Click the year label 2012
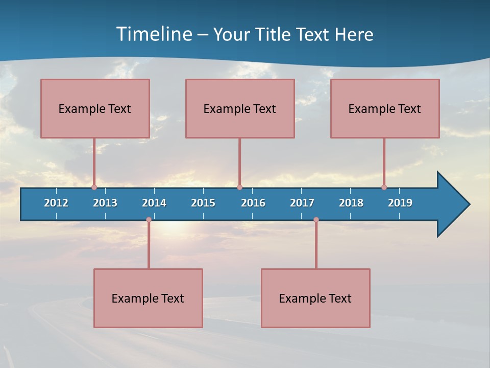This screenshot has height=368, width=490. click(56, 203)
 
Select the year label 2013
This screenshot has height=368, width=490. click(105, 203)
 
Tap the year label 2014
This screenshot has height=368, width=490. click(154, 203)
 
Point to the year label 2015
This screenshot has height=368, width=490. click(203, 203)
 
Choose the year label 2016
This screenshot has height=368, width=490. click(253, 203)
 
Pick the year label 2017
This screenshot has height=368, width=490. click(302, 203)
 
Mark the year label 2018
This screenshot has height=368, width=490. click(351, 203)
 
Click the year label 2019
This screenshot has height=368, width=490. click(400, 203)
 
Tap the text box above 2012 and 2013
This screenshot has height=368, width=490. click(95, 108)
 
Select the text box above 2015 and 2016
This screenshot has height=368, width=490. click(240, 108)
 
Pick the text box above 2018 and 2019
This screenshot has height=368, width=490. click(385, 108)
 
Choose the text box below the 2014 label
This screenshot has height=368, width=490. click(148, 298)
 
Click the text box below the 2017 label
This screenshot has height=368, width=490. click(315, 298)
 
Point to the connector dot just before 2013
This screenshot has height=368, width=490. click(94, 187)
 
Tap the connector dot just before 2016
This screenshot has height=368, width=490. click(239, 187)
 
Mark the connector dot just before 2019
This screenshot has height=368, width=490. click(384, 187)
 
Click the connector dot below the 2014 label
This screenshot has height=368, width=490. click(149, 220)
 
